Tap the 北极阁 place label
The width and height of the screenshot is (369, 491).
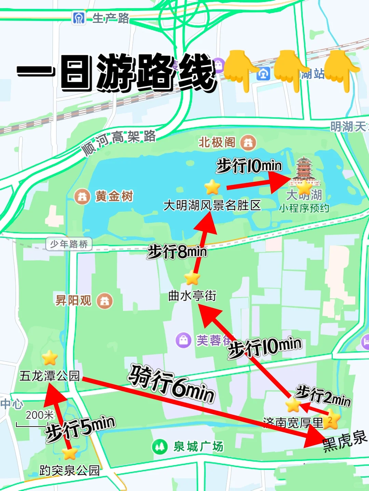[217, 142]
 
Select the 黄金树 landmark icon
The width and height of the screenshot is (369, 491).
[82, 197]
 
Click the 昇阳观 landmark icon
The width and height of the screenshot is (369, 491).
[105, 301]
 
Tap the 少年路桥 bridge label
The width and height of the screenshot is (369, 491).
[69, 244]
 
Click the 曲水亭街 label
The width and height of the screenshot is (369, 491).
[192, 296]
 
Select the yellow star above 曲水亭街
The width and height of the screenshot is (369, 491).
[192, 278]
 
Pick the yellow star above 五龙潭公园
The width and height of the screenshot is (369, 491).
[50, 358]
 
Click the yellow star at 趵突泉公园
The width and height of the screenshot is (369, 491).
[70, 453]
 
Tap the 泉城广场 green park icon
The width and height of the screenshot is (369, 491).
[159, 446]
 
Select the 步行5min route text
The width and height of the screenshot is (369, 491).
[81, 428]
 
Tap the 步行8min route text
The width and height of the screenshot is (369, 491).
[177, 252]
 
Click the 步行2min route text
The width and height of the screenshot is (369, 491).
[323, 396]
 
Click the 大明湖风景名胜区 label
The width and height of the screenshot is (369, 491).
[212, 205]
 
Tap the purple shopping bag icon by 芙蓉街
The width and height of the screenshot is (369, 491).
[183, 340]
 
